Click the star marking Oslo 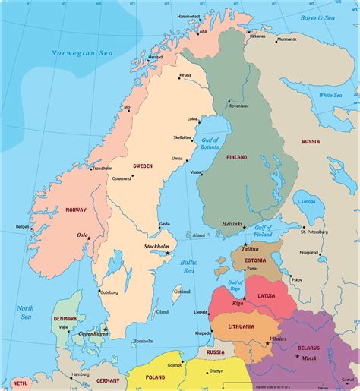(x=90, y=239)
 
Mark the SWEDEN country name (x=143, y=165)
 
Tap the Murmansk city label (x=287, y=39)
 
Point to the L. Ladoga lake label (x=308, y=201)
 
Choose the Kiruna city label (x=185, y=75)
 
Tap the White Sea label (x=331, y=95)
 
